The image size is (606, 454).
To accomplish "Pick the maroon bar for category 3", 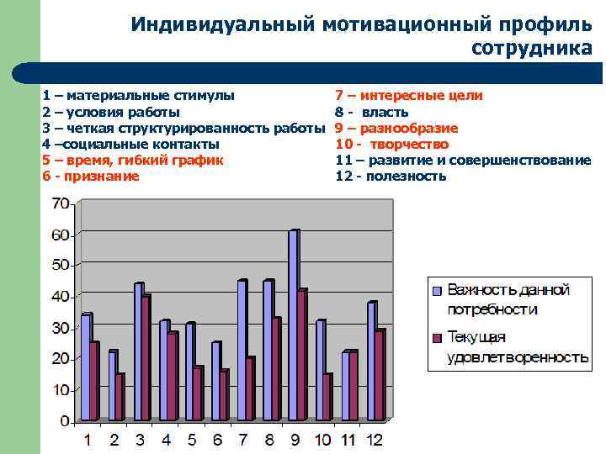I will (x=146, y=357).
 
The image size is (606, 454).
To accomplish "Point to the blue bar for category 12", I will (x=371, y=362).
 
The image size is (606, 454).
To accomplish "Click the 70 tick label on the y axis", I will (x=61, y=203).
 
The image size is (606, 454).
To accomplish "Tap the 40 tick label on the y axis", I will (x=61, y=296).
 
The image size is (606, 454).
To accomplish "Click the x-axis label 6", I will (x=217, y=439).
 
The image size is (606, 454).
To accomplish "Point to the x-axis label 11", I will (x=349, y=439).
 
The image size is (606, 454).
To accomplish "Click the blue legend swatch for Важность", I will (x=437, y=292).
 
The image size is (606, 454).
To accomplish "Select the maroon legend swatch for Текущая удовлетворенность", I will (x=437, y=338).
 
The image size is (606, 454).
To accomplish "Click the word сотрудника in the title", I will (x=531, y=48).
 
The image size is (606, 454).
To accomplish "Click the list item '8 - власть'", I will (x=371, y=112).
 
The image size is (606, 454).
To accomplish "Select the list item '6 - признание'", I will (x=90, y=176).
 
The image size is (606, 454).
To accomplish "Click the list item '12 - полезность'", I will (x=391, y=176).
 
